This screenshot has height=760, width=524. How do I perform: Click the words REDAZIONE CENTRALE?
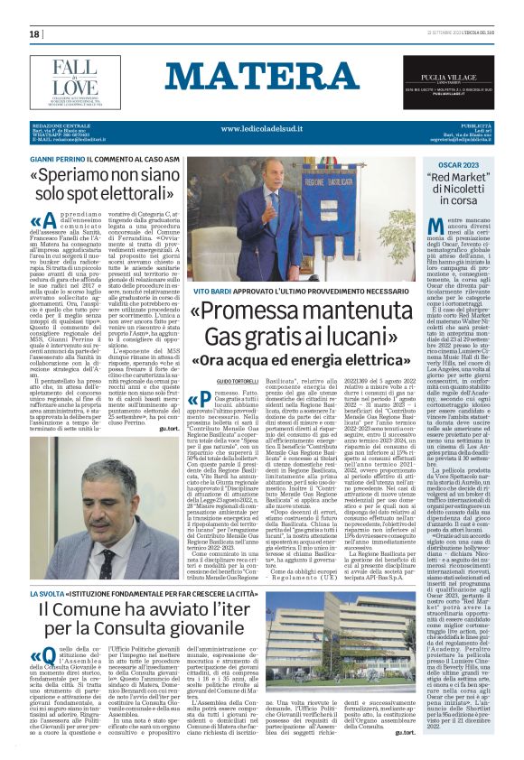pos(58,127)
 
